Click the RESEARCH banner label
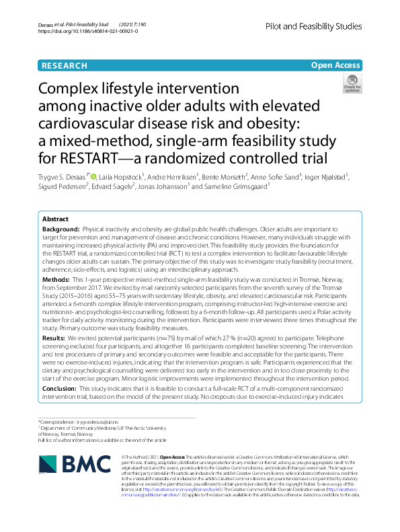pos(64,65)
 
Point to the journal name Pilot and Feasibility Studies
pos(313,26)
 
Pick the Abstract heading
pos(55,219)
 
